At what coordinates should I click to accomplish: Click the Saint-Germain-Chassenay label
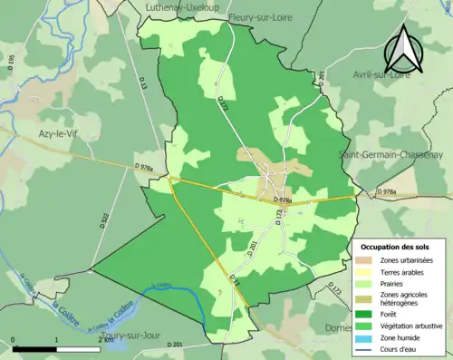click(395, 153)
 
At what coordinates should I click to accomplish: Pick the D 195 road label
click(12, 64)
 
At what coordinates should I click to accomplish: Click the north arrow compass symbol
click(403, 50)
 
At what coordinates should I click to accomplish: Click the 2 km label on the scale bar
click(99, 340)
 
